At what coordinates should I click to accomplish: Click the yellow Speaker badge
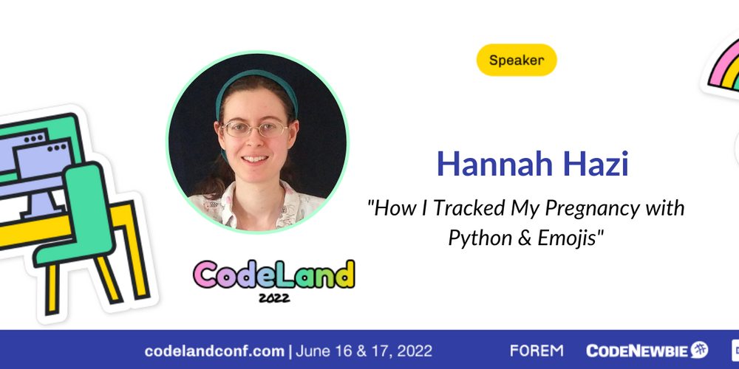[x=517, y=60]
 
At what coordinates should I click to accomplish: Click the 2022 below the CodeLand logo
[x=274, y=297]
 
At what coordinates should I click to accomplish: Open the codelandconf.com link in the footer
[x=214, y=351]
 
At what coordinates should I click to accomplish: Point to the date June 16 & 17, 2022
[x=364, y=351]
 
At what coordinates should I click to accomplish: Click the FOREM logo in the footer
[x=537, y=351]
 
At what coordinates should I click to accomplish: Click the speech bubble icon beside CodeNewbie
[x=699, y=350]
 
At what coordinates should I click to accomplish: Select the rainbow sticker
[x=721, y=66]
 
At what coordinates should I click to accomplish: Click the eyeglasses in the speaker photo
[x=254, y=128]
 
